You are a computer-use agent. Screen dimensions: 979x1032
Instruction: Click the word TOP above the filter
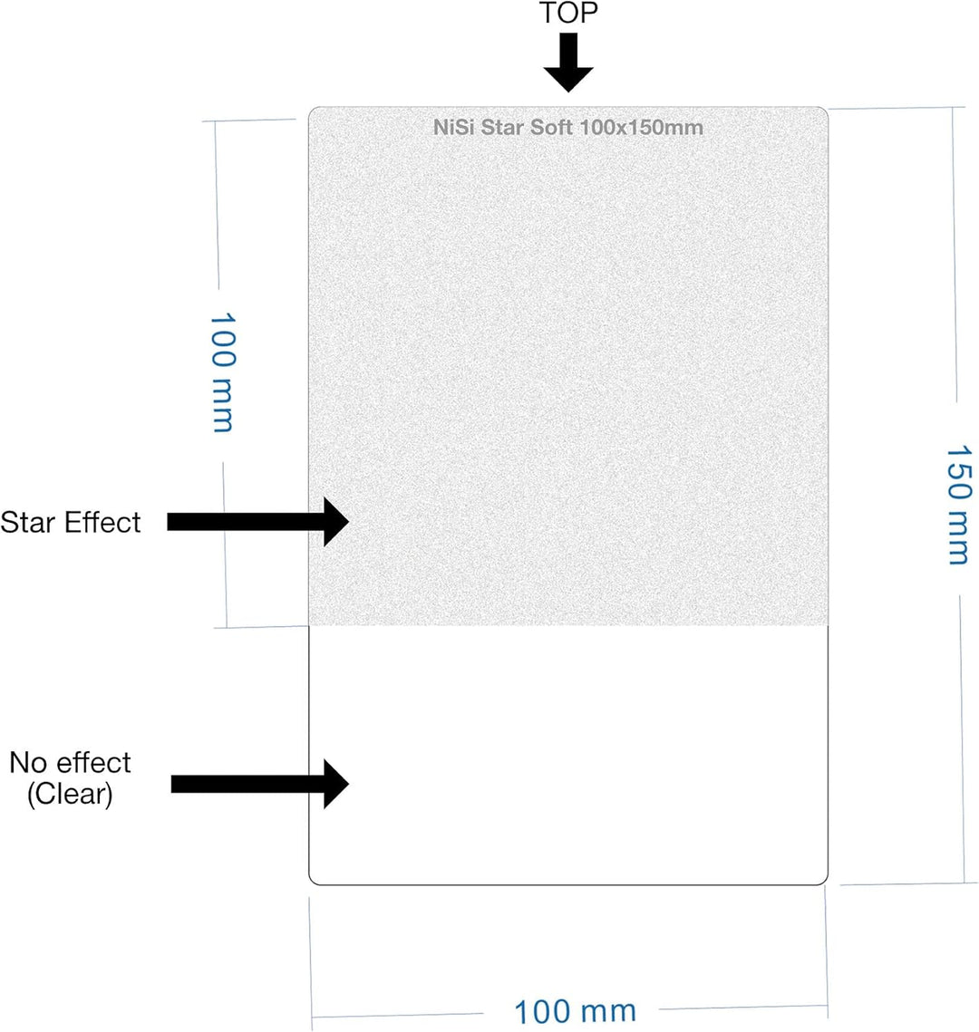[568, 13]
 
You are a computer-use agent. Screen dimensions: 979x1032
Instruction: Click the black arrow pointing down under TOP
[568, 63]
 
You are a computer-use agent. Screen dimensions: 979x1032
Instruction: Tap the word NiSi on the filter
[453, 127]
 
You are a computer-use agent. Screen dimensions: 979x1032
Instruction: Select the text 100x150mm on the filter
[642, 127]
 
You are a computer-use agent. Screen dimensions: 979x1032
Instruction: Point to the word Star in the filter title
[503, 127]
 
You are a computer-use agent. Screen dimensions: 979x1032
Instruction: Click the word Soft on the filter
[552, 127]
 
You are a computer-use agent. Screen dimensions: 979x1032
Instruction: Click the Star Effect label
[71, 523]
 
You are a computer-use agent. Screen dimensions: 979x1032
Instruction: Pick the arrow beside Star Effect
[258, 522]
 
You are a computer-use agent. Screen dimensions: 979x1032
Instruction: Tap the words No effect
[71, 763]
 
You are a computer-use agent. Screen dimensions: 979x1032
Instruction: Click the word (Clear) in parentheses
[71, 794]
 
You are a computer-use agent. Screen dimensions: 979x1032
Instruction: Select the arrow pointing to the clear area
[260, 784]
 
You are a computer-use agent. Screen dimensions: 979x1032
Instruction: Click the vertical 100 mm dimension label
[222, 372]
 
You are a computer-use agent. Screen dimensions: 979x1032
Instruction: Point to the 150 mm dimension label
[958, 505]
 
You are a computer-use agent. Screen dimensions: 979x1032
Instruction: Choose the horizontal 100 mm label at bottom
[575, 1011]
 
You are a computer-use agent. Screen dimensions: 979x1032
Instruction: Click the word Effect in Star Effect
[102, 523]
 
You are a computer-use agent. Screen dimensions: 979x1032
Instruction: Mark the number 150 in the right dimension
[958, 473]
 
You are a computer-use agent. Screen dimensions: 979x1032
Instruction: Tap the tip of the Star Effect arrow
[348, 522]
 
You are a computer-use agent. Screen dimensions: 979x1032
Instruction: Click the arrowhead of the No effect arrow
[336, 784]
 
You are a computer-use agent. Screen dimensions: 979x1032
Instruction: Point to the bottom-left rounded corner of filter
[312, 882]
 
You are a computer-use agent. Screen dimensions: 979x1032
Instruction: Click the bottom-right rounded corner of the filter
[824, 882]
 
